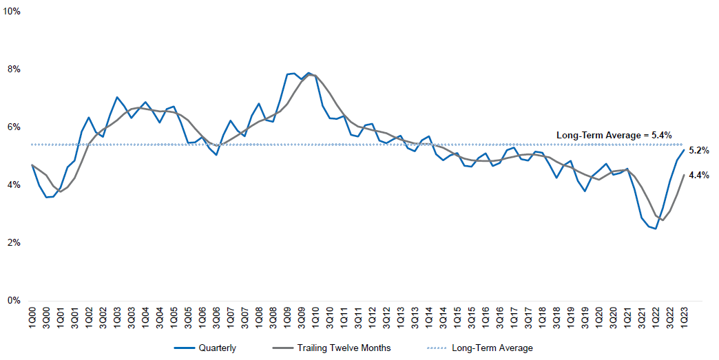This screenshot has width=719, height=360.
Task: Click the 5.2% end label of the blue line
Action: pos(699,151)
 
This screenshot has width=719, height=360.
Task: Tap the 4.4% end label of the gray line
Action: pos(699,176)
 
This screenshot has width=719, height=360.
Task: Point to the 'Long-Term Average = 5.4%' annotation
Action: pos(614,135)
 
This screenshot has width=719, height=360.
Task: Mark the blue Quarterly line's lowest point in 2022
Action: pos(656,229)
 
